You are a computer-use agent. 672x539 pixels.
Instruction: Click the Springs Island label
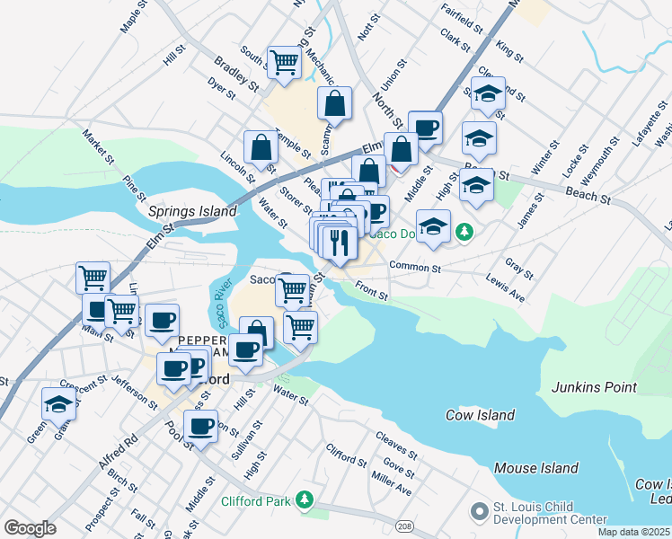coord(192,211)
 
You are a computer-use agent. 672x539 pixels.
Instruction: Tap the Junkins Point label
coord(594,387)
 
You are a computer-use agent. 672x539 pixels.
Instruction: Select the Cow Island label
coord(480,415)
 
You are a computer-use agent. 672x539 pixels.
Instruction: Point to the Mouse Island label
coord(536,468)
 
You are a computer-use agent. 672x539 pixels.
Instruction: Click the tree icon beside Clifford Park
coord(305,499)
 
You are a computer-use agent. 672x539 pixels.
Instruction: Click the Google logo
coord(30,528)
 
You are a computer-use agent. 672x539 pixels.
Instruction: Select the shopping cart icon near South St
coord(284,63)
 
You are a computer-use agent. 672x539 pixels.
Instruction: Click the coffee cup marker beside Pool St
coord(203,426)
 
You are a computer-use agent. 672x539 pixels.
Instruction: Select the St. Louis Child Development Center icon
coord(479,511)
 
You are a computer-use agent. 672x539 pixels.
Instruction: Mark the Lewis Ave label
coord(505,288)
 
